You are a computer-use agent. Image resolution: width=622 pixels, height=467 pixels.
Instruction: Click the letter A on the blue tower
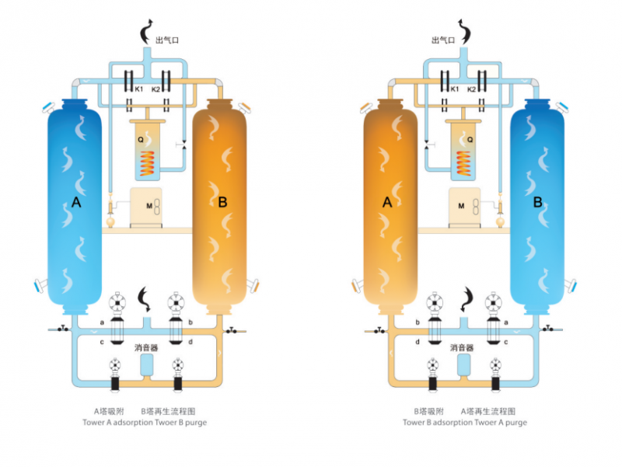76,203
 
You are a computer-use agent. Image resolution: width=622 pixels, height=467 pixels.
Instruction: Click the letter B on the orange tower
222,203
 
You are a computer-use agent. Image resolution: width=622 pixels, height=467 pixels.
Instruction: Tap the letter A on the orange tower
387,203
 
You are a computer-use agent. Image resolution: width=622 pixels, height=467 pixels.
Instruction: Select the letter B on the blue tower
537,203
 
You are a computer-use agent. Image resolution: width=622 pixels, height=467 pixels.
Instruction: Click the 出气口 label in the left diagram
167,40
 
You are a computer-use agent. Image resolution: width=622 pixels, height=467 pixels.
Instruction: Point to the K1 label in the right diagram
455,89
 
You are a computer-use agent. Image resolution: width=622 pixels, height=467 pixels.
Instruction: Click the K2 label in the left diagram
155,89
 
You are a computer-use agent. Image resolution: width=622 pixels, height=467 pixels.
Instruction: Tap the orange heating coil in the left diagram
147,163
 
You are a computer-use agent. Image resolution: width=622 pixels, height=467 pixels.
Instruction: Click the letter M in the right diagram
461,206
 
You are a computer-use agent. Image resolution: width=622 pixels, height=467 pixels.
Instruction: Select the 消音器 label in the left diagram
146,347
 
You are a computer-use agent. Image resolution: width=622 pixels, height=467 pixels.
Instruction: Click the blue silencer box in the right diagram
463,364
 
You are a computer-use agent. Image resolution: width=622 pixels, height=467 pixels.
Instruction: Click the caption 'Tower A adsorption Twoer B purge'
145,423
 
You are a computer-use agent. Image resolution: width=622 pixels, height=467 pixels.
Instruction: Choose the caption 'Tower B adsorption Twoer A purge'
465,423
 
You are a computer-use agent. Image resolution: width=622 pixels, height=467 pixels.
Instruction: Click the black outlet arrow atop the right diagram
463,31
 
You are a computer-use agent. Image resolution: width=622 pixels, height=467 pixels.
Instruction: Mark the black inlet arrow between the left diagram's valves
145,299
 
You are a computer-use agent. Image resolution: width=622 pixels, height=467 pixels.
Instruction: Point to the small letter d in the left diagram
190,342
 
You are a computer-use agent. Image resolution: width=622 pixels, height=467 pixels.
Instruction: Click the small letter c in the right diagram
506,342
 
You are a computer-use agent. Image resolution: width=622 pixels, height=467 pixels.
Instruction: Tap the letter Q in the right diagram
470,140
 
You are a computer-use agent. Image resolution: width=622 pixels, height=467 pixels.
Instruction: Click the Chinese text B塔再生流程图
168,411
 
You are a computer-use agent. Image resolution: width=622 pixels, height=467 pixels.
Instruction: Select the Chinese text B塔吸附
429,411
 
